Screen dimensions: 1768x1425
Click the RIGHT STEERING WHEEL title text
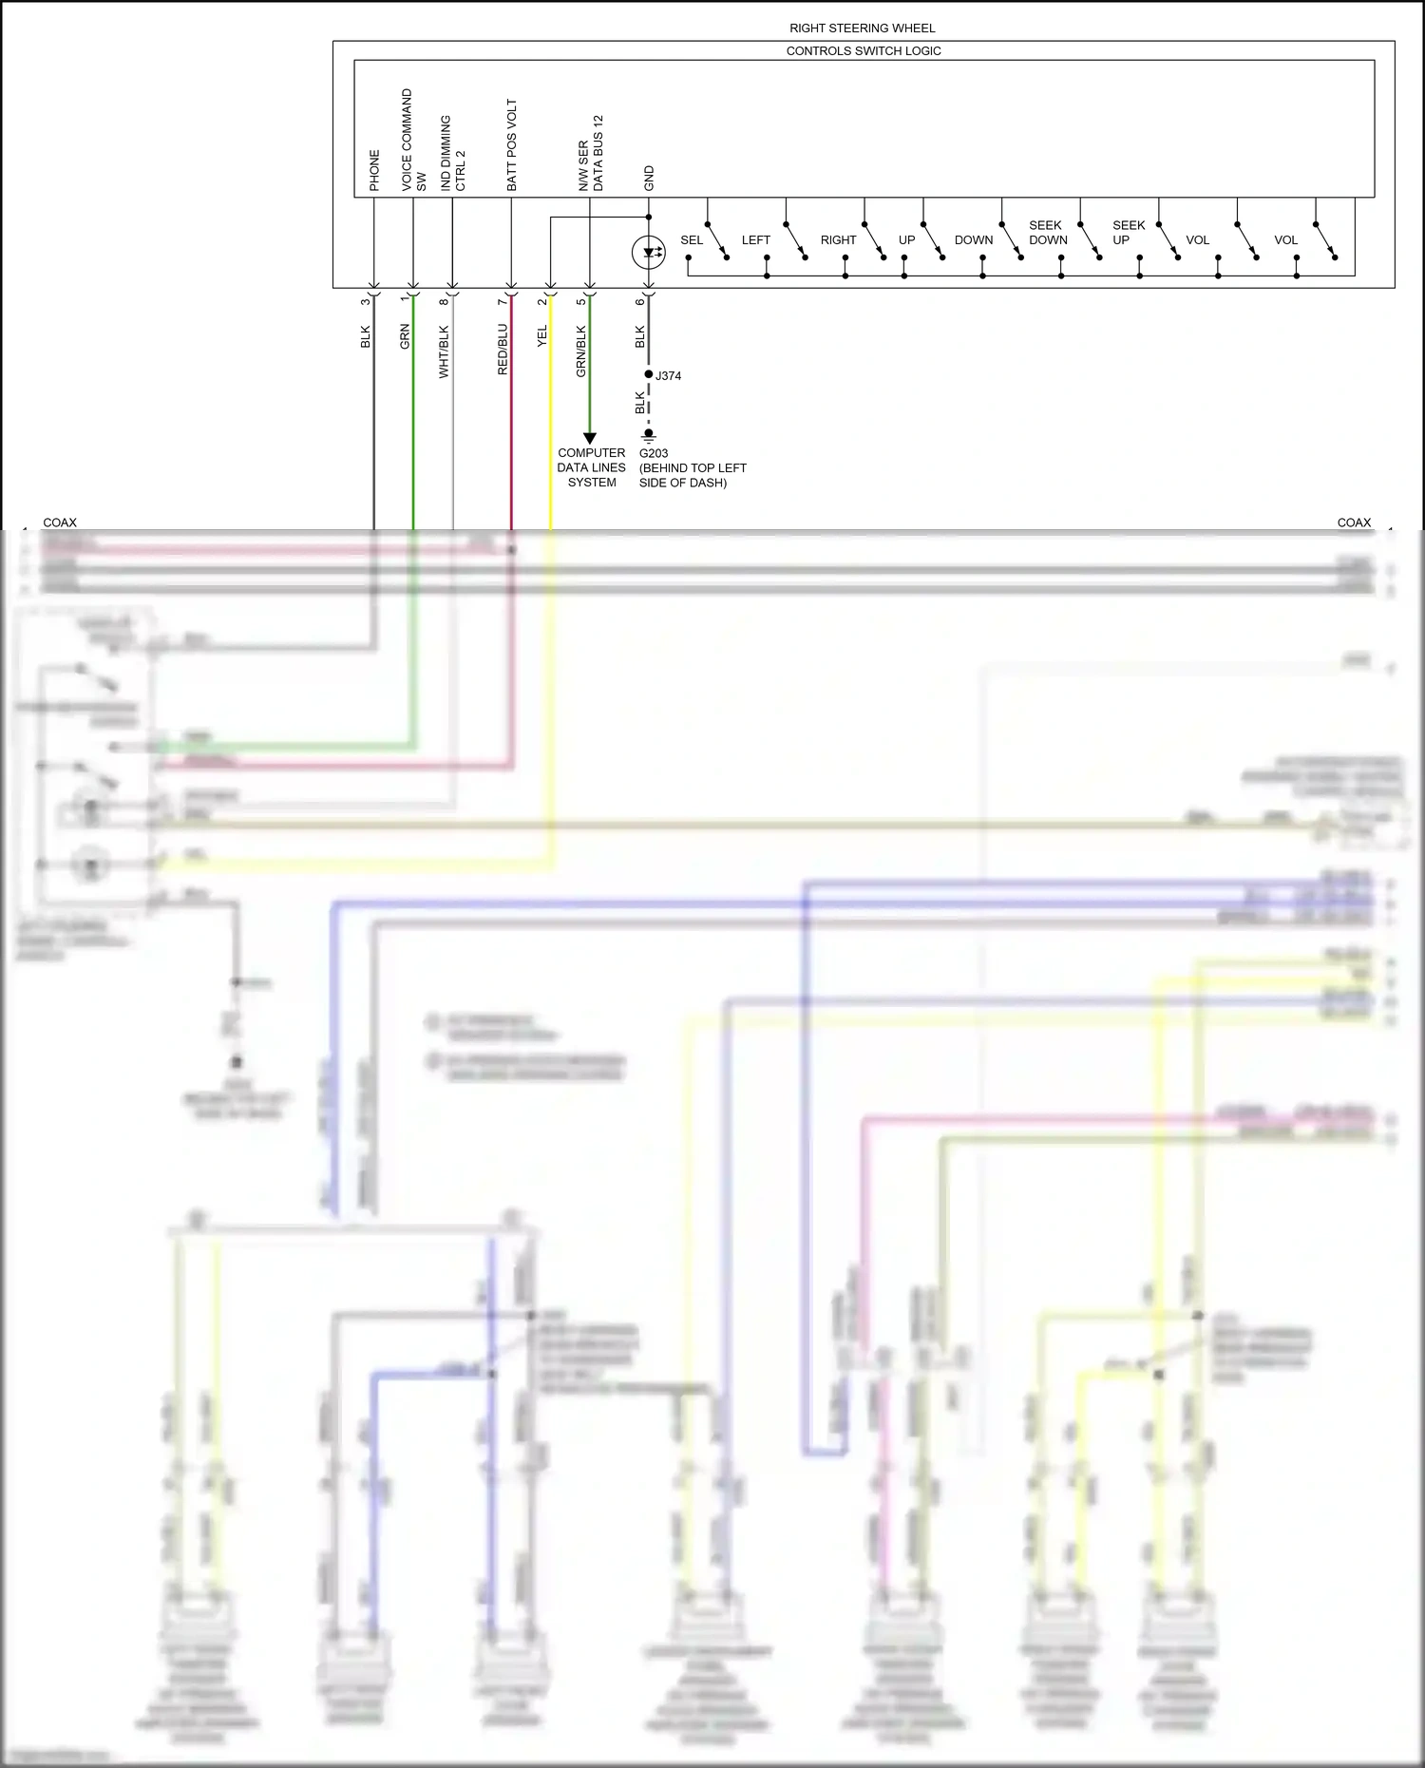pos(862,29)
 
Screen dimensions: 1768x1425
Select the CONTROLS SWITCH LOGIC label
pos(863,51)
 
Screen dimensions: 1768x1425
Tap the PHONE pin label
pos(374,170)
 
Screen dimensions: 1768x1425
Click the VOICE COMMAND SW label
pos(413,141)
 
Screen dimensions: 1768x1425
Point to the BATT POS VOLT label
pos(512,145)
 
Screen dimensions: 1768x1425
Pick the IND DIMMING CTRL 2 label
pos(452,154)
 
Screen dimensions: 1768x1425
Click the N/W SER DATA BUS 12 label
pos(590,154)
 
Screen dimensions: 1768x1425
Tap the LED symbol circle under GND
pos(648,253)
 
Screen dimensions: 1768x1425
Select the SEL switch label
pos(692,240)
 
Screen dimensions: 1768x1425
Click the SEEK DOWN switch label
pos(1048,233)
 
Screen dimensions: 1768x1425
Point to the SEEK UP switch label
pos(1128,233)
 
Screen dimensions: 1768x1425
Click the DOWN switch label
pos(973,240)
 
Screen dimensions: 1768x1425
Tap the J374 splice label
pos(669,376)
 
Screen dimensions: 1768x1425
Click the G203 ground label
pos(654,454)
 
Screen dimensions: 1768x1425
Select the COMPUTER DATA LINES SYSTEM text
pos(591,467)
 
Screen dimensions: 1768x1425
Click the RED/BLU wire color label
pos(503,350)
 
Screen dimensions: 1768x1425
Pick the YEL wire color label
pos(542,336)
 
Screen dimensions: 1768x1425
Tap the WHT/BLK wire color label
pos(444,352)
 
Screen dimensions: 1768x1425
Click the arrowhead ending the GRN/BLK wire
pos(590,438)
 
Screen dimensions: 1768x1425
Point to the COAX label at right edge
pos(1353,523)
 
